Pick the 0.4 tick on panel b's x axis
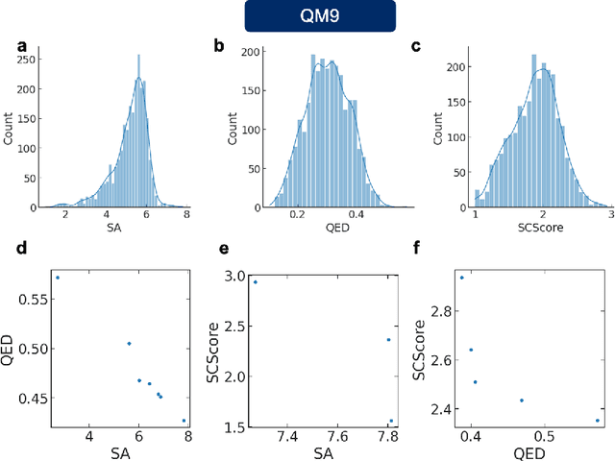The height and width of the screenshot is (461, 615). pos(357,218)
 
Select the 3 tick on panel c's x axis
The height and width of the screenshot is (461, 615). pos(608,218)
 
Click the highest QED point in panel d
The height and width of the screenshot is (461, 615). pos(58,278)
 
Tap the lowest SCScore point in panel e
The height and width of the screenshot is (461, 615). pos(391,421)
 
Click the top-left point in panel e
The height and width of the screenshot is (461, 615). pos(256,281)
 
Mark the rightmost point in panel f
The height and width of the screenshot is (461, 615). pos(598,420)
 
